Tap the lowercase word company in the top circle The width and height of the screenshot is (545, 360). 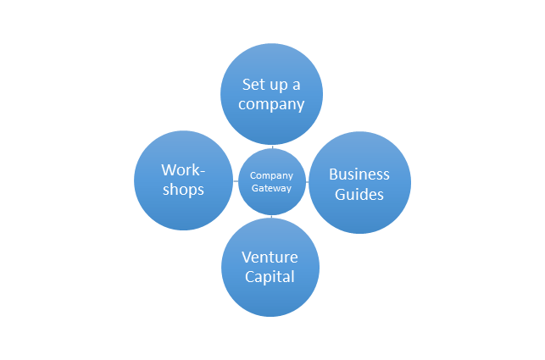271,106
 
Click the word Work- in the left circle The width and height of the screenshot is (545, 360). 183,170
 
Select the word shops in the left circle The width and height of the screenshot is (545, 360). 183,190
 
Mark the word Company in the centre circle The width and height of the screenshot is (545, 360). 271,175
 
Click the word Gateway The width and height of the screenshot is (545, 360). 271,188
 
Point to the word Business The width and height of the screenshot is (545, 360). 359,174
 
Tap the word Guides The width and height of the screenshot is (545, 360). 359,194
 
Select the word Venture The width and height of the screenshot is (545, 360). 270,258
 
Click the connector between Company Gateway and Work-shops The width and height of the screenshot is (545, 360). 236,181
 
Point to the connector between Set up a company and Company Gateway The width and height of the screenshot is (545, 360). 271,147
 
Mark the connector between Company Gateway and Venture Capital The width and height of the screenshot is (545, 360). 271,217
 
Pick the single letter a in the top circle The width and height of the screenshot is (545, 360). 296,86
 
